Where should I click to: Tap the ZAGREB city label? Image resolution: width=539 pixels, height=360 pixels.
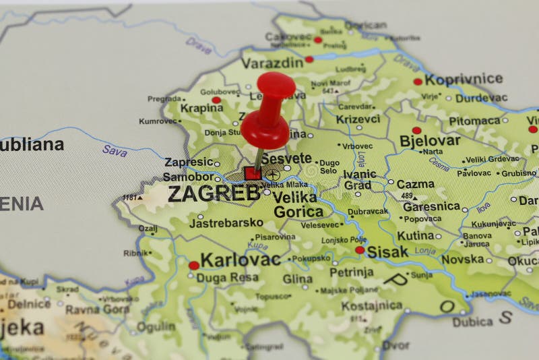[x=213, y=193]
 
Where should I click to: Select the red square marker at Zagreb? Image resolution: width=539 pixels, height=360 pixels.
[x=253, y=173]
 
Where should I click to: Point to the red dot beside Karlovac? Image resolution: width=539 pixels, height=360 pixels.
[x=193, y=265]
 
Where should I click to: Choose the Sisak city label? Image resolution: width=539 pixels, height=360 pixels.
[x=387, y=252]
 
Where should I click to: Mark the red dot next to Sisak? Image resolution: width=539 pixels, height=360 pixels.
[x=360, y=250]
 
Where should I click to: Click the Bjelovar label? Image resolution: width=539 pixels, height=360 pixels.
[x=430, y=141]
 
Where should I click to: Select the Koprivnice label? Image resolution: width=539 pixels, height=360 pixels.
[x=464, y=80]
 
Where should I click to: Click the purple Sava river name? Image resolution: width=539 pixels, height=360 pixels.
[x=115, y=150]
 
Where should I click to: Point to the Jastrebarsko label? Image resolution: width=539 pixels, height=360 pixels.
[x=226, y=222]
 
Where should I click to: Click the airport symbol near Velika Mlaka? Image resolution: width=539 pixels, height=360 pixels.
[x=272, y=175]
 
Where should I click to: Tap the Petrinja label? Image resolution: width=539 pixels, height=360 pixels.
[x=351, y=272]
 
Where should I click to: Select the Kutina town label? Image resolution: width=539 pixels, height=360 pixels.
[x=415, y=235]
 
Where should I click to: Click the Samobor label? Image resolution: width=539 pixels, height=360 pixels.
[x=187, y=177]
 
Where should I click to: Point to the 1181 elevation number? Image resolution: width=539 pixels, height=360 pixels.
[x=129, y=198]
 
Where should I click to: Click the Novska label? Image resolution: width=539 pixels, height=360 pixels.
[x=463, y=259]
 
